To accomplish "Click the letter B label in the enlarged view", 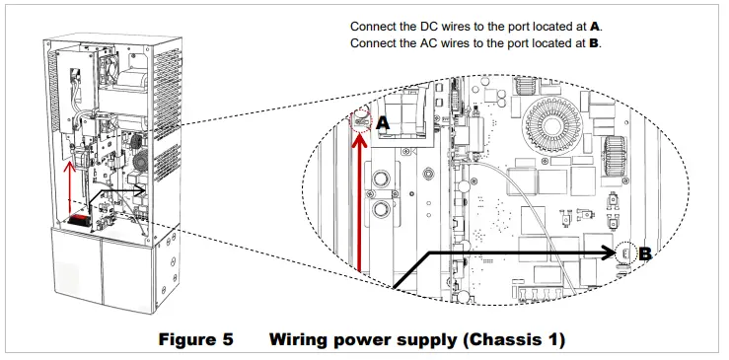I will (x=645, y=253).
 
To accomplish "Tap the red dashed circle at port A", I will (x=362, y=121).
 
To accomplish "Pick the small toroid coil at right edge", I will (x=619, y=153).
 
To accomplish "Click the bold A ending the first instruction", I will (x=595, y=27).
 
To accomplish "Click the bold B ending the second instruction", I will (x=595, y=43).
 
